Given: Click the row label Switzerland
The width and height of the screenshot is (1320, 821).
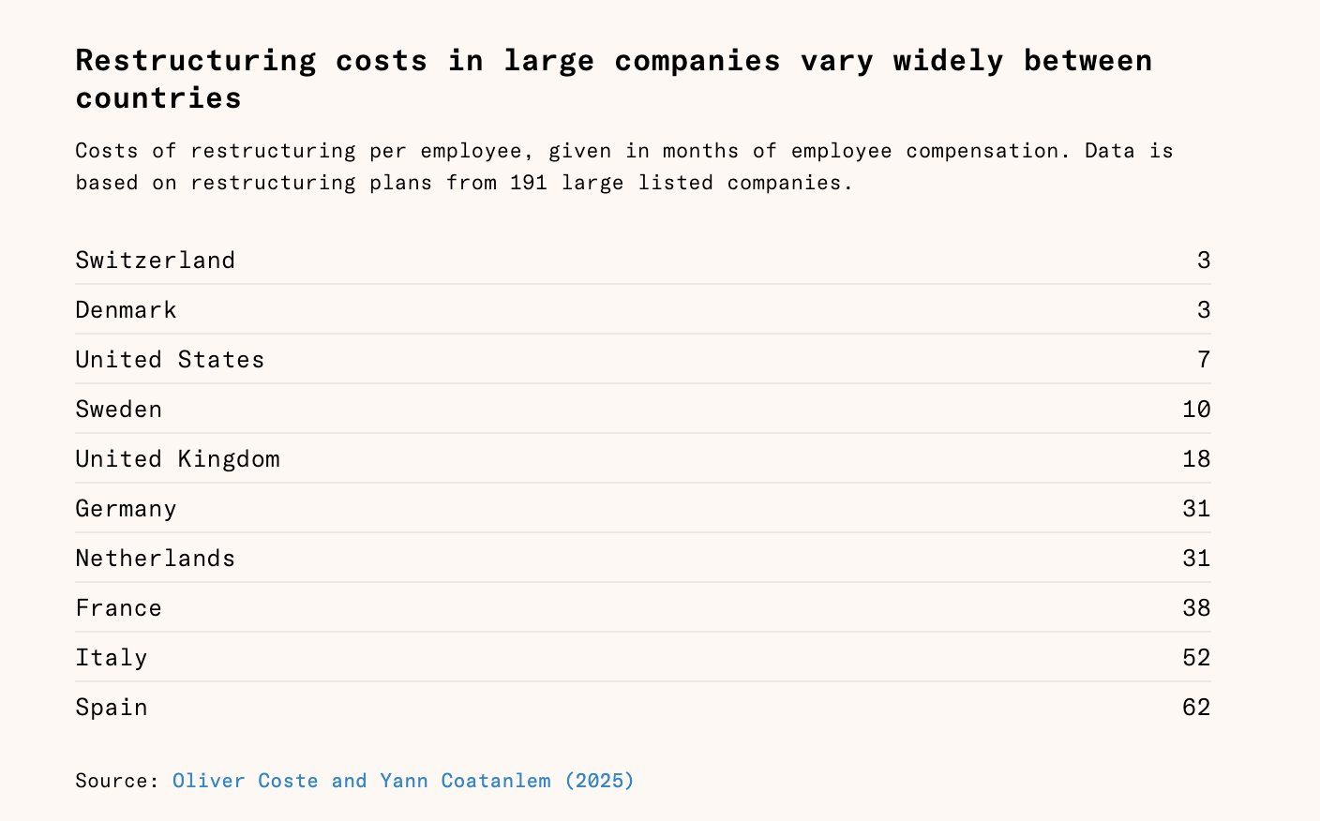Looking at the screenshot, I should click(x=155, y=261).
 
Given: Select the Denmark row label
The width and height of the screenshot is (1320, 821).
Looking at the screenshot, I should click(x=126, y=310).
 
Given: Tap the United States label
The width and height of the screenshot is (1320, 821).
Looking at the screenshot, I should click(x=170, y=360).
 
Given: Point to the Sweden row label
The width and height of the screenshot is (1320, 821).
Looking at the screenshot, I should click(x=118, y=410).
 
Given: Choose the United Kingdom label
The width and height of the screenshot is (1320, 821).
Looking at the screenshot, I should click(x=177, y=459).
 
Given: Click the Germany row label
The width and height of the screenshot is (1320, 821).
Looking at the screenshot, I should click(x=126, y=509).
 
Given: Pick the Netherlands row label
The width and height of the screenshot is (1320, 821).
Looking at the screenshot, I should click(x=155, y=559).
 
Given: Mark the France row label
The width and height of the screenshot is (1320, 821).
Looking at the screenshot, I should click(x=118, y=608).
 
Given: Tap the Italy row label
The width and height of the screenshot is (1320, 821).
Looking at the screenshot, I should click(x=111, y=658).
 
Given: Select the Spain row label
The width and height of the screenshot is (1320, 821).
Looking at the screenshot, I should click(x=111, y=708).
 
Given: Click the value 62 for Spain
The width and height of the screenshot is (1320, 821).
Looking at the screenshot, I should click(x=1196, y=708).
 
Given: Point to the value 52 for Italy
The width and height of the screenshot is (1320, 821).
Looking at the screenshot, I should click(x=1196, y=658).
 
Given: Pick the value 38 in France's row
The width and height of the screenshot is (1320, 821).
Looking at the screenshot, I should click(x=1196, y=608).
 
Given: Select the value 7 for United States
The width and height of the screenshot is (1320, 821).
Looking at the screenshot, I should click(x=1204, y=360).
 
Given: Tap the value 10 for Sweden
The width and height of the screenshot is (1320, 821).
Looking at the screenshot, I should click(x=1196, y=410).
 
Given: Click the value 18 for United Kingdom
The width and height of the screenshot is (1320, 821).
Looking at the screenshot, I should click(x=1196, y=459).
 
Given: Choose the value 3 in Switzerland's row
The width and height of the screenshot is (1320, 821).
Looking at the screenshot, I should click(x=1204, y=261).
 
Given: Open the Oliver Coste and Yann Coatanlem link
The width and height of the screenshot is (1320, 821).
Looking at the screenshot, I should click(x=403, y=781).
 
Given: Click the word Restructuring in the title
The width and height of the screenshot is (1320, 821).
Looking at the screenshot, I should click(x=196, y=61).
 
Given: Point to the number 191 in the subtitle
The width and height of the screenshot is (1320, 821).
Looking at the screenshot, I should click(x=529, y=183).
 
